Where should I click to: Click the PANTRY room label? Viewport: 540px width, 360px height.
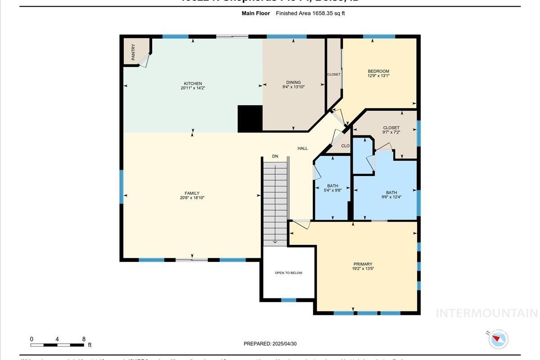click(133, 52)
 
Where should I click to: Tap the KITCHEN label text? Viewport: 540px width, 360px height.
click(193, 84)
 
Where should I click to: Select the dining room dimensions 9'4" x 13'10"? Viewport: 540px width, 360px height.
click(293, 87)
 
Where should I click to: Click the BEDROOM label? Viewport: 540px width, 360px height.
click(378, 71)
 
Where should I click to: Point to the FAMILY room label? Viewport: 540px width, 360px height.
click(192, 193)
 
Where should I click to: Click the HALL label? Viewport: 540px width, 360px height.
click(302, 148)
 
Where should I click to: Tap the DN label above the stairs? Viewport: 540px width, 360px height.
click(275, 156)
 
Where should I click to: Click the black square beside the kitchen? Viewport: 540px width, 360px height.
click(250, 119)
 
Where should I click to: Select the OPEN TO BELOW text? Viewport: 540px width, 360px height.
click(288, 273)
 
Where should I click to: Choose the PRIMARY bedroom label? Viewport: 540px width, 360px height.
click(363, 264)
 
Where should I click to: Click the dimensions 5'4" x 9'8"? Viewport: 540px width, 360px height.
click(333, 190)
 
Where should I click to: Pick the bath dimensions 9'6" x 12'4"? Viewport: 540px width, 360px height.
click(391, 197)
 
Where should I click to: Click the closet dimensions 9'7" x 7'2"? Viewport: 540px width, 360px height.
click(391, 132)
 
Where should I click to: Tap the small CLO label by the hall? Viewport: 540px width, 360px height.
click(345, 146)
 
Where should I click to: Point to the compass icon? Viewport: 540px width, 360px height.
click(498, 339)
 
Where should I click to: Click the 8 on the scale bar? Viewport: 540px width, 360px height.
click(84, 339)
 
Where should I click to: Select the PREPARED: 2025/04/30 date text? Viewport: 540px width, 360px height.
click(270, 344)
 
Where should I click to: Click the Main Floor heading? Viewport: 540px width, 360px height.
click(256, 13)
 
